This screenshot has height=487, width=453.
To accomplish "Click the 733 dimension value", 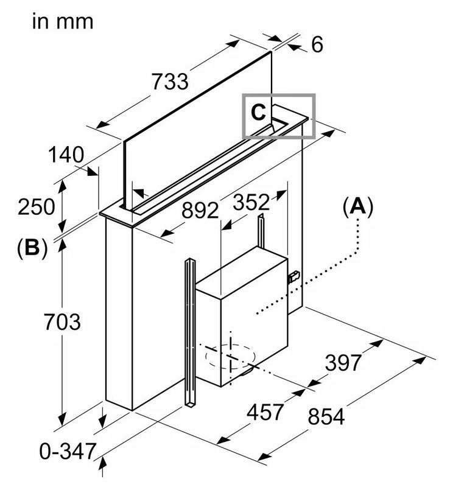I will click(169, 81).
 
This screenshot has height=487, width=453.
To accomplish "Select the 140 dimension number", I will click(66, 155).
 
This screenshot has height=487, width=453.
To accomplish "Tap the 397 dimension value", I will click(343, 363).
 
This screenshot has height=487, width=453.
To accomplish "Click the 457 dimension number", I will click(265, 412).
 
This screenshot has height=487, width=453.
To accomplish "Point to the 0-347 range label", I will click(68, 451).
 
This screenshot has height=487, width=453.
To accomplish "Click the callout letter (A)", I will click(357, 208).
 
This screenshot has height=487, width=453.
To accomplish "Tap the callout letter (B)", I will click(33, 248).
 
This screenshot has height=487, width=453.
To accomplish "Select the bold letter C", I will click(259, 112).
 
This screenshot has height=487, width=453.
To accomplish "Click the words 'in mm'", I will click(63, 22).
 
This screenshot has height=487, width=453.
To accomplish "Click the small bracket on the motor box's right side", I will click(294, 276).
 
